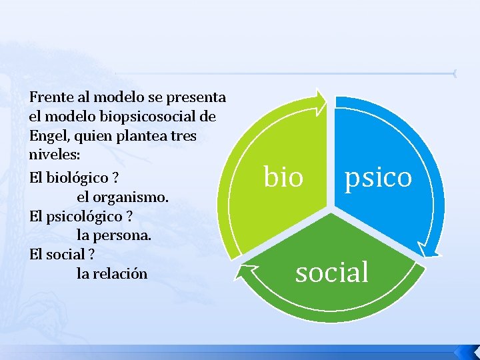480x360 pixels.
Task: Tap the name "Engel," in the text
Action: click(49, 137)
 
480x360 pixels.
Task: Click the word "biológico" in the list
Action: click(73, 179)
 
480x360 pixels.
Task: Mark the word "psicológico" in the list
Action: click(80, 217)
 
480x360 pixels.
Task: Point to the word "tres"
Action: click(196, 137)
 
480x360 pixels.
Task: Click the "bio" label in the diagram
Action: click(284, 178)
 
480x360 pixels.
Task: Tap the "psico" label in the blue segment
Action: click(378, 178)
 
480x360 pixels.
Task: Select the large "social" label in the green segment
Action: click(332, 272)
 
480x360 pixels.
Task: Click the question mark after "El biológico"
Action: click(115, 179)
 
